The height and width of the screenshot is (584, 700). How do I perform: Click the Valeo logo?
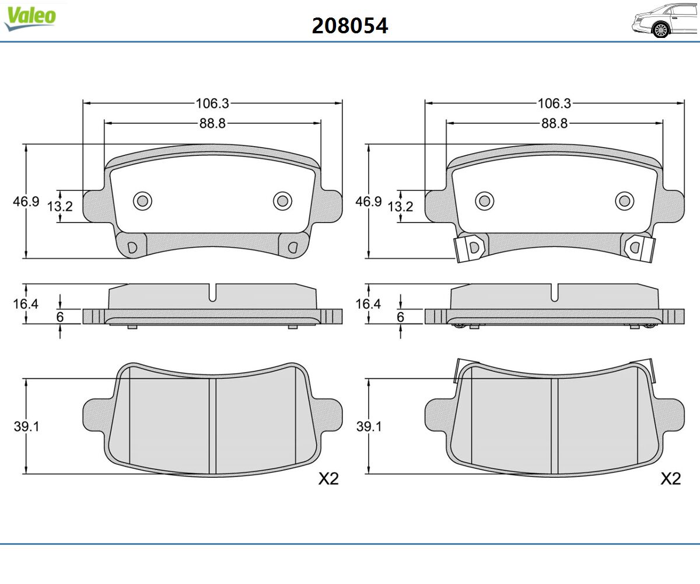click(x=30, y=18)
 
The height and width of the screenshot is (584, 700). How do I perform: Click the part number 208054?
click(x=350, y=26)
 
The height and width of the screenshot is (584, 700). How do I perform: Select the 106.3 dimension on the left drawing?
click(x=212, y=103)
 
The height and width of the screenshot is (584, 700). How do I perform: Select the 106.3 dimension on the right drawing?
click(x=554, y=103)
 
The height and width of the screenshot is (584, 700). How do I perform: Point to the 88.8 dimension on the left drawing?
click(x=212, y=123)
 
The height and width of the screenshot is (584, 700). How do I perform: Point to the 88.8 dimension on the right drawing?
click(x=554, y=123)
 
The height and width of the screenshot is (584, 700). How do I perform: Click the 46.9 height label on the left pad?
click(x=26, y=201)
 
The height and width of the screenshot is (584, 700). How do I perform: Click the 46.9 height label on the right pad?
click(x=368, y=201)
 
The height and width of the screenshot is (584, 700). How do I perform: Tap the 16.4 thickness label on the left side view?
click(x=26, y=303)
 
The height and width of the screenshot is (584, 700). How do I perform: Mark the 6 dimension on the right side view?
click(x=400, y=317)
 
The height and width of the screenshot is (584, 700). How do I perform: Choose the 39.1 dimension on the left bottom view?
click(x=26, y=426)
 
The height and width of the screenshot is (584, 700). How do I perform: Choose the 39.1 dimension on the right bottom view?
click(x=368, y=426)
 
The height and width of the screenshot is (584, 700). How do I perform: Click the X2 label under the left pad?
click(x=328, y=479)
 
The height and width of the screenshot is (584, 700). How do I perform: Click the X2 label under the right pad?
click(x=671, y=479)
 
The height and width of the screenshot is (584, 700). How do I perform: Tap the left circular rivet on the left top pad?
click(x=142, y=201)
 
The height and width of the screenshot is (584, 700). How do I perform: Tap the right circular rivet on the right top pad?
click(x=625, y=201)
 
